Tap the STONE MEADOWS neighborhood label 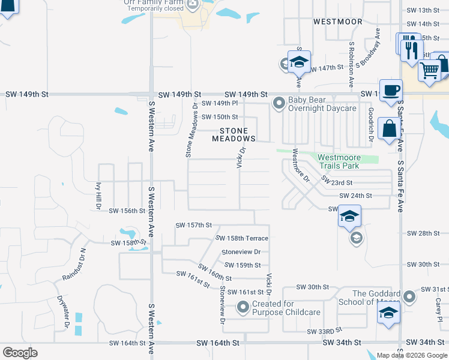234,134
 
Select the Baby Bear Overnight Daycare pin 279,104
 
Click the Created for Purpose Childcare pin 243,308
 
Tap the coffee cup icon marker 391,91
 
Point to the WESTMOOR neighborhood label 338,22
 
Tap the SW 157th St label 194,225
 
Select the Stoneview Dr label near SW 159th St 241,252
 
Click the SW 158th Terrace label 242,238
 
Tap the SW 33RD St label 324,331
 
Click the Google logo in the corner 20,353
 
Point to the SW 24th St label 356,196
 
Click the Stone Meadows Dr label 191,130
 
